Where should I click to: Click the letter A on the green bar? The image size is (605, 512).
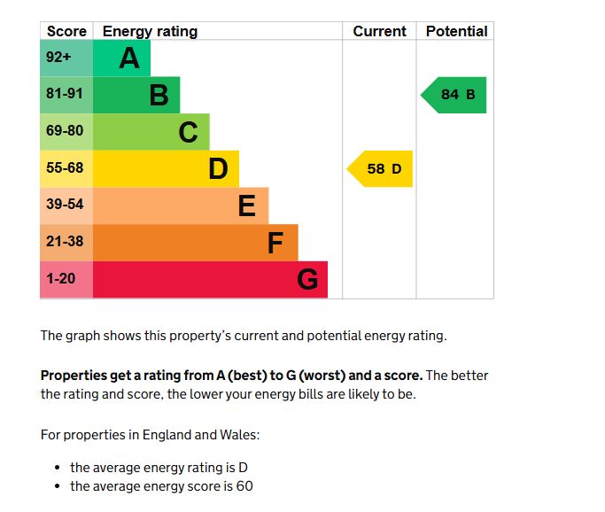click(x=129, y=58)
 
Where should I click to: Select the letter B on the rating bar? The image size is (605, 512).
click(x=159, y=95)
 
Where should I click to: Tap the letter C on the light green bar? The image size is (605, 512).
click(x=188, y=132)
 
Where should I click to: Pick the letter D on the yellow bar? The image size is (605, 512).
click(x=218, y=168)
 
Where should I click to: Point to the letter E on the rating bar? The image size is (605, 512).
click(x=247, y=206)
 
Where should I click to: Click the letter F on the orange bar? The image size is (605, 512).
click(x=276, y=242)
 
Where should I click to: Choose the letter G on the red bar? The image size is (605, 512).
click(x=306, y=279)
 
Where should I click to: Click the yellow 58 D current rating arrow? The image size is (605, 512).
click(x=381, y=168)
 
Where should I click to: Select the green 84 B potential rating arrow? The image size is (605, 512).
click(x=455, y=95)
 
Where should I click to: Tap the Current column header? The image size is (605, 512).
click(x=379, y=31)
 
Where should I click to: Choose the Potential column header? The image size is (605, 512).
click(x=456, y=31)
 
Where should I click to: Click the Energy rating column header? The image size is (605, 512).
click(x=150, y=31)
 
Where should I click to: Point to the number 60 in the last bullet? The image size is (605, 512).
click(x=245, y=486)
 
